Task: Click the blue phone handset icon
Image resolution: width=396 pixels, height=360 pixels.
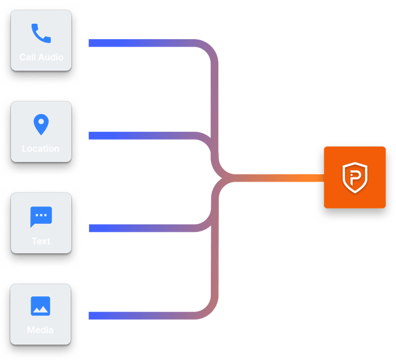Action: coord(41,34)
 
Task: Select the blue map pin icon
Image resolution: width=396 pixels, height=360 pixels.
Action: coord(41,125)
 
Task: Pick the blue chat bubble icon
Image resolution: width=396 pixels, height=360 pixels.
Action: coord(41,217)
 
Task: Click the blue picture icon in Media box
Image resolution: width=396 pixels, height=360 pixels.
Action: coord(41,306)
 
